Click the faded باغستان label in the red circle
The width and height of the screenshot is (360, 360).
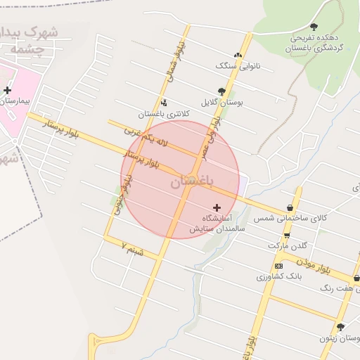190,181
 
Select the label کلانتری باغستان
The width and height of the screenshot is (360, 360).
159,114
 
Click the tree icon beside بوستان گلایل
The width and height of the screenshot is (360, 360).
222,91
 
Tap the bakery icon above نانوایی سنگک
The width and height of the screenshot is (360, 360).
238,55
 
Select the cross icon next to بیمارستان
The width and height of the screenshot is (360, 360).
8,90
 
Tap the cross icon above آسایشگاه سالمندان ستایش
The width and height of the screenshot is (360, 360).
216,207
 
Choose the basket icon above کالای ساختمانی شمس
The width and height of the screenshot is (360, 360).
290,208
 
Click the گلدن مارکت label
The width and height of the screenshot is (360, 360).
288,246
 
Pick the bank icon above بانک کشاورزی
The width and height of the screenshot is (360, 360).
279,265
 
